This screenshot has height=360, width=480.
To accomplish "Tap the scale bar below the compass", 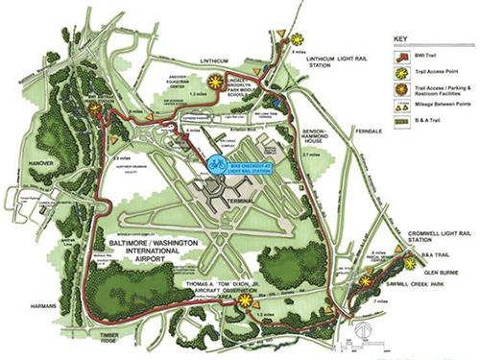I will click(x=369, y=342).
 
